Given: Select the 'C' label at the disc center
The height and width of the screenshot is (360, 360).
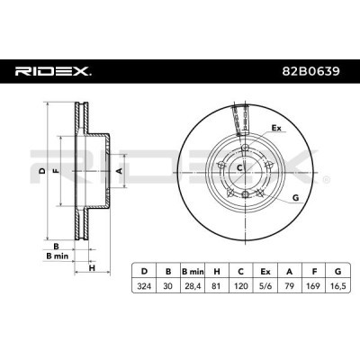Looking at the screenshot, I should pyautogui.click(x=239, y=167).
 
